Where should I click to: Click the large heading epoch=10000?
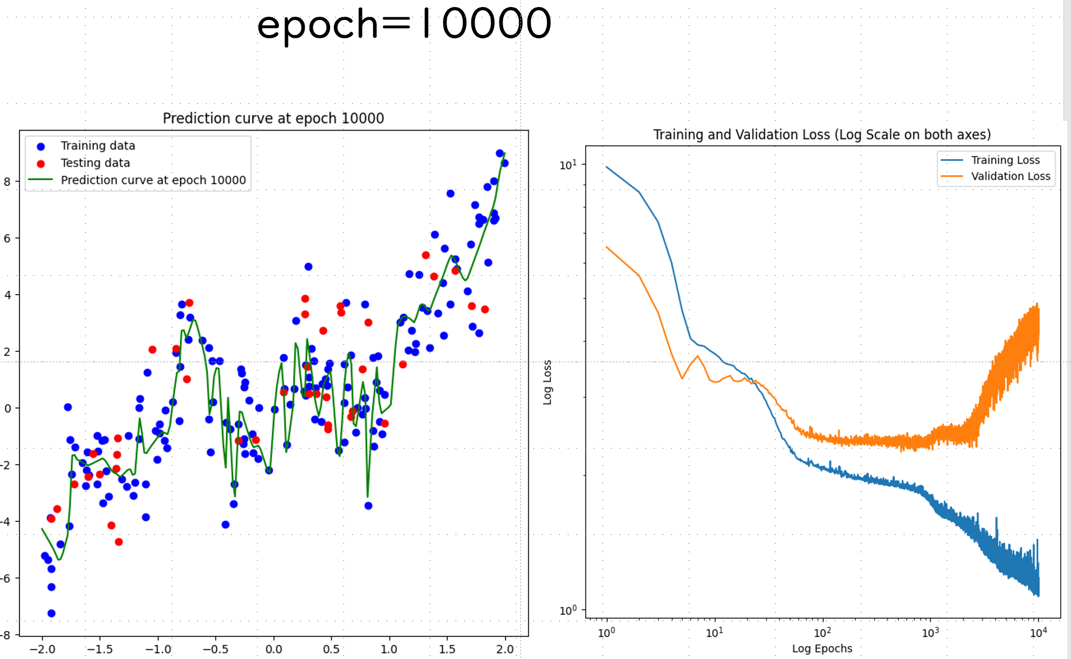pyautogui.click(x=404, y=25)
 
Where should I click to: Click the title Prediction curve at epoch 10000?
pyautogui.click(x=273, y=118)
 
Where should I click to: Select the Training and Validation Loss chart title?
pyautogui.click(x=822, y=134)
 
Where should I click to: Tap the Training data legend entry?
pyautogui.click(x=98, y=146)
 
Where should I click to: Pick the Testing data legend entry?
pyautogui.click(x=95, y=163)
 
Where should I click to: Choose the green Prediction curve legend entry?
pyautogui.click(x=153, y=180)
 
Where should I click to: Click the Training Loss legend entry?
pyautogui.click(x=1005, y=160)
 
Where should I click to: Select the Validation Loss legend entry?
pyautogui.click(x=1010, y=176)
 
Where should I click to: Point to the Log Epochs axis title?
pyautogui.click(x=822, y=648)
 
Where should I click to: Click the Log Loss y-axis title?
pyautogui.click(x=547, y=382)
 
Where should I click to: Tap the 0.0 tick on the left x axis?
pyautogui.click(x=273, y=649)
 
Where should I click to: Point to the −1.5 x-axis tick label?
pyautogui.click(x=100, y=649)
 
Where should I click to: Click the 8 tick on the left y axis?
pyautogui.click(x=8, y=182)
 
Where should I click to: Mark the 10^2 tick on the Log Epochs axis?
pyautogui.click(x=822, y=633)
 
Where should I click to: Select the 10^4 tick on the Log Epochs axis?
pyautogui.click(x=1038, y=633)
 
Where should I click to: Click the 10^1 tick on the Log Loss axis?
pyautogui.click(x=568, y=165)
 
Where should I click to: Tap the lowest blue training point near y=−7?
pyautogui.click(x=51, y=613)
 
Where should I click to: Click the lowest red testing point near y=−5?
pyautogui.click(x=119, y=542)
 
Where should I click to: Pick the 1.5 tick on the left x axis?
pyautogui.click(x=447, y=649)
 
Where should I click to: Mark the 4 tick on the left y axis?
pyautogui.click(x=8, y=295)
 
